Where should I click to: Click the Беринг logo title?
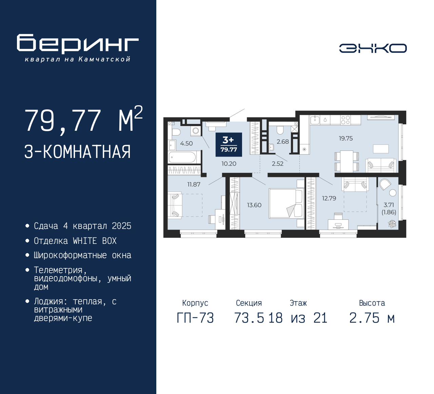pos(78,44)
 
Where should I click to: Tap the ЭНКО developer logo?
pos(373,48)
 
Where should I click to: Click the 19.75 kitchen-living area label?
pos(346,138)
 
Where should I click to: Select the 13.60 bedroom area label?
pos(254,205)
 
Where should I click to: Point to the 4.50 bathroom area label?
pos(186,143)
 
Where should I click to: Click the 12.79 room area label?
pos(329,198)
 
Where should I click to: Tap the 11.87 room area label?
pos(194,184)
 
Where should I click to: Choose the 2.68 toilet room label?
pos(282,142)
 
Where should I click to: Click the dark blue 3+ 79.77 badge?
pos(229,145)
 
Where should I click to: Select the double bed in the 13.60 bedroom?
pos(285,203)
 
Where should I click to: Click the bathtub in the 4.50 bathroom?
pos(182,157)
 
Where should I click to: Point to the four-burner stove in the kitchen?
pos(346,120)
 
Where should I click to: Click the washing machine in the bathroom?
pos(196,131)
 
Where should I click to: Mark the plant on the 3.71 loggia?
pos(392,223)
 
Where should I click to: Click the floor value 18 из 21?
pos(298,318)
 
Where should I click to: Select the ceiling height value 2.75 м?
pos(372,318)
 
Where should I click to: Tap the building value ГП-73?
pos(195,318)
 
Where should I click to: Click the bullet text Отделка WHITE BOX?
pos(75,241)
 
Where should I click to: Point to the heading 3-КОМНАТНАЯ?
pos(77,152)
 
